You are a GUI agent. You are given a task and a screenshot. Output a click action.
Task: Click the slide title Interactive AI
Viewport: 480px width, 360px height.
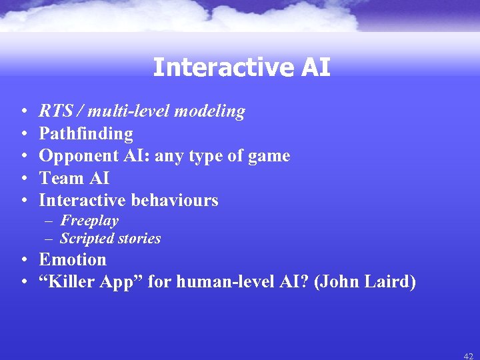pyautogui.click(x=241, y=67)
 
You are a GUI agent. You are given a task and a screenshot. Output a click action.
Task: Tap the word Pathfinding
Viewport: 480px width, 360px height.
pyautogui.click(x=86, y=134)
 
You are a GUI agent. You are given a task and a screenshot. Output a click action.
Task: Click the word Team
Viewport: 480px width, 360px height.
pyautogui.click(x=58, y=178)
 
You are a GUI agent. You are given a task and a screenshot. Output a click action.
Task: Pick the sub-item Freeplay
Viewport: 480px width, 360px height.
pyautogui.click(x=89, y=221)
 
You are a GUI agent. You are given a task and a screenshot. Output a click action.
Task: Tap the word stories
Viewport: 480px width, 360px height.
pyautogui.click(x=138, y=238)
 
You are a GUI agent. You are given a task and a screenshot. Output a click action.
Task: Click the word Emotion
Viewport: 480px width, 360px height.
pyautogui.click(x=73, y=259)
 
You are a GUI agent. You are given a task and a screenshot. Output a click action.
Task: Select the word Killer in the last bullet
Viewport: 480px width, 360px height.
pyautogui.click(x=71, y=282)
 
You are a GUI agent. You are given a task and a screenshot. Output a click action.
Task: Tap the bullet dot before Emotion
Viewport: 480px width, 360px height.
pyautogui.click(x=23, y=260)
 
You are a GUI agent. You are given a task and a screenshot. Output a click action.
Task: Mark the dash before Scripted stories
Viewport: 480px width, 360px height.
pyautogui.click(x=51, y=239)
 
